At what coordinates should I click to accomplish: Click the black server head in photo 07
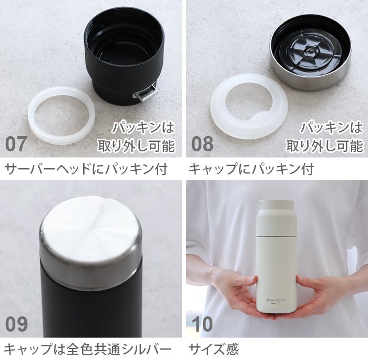pyautogui.click(x=124, y=53)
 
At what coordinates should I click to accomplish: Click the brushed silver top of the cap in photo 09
pyautogui.click(x=90, y=231)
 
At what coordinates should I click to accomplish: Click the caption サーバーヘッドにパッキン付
pyautogui.click(x=86, y=170)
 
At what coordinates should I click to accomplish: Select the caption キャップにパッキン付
pyautogui.click(x=251, y=170)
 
